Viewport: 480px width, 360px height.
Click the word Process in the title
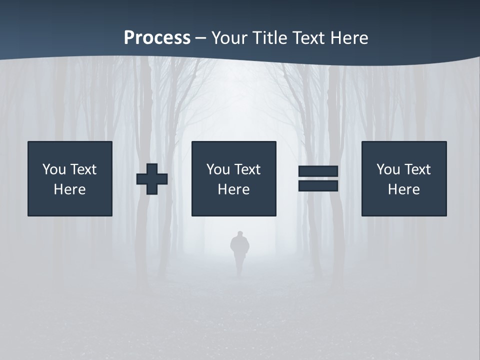157,38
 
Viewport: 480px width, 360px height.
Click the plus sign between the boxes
152,178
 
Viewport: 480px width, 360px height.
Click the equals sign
318,178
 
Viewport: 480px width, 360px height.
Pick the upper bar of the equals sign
318,171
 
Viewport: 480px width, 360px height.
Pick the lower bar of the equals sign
318,185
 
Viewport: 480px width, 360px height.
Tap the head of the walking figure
240,234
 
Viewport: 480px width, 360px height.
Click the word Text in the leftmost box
83,169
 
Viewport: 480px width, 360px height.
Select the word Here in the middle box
233,189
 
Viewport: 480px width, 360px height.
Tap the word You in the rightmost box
388,169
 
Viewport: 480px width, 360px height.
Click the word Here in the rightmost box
404,189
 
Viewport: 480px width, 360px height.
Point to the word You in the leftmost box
54,169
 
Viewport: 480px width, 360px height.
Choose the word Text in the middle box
247,169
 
